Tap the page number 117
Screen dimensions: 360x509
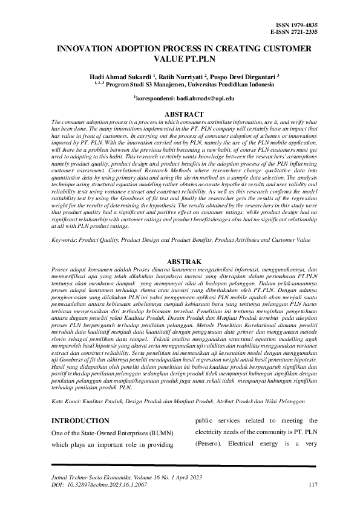click(313, 485)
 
